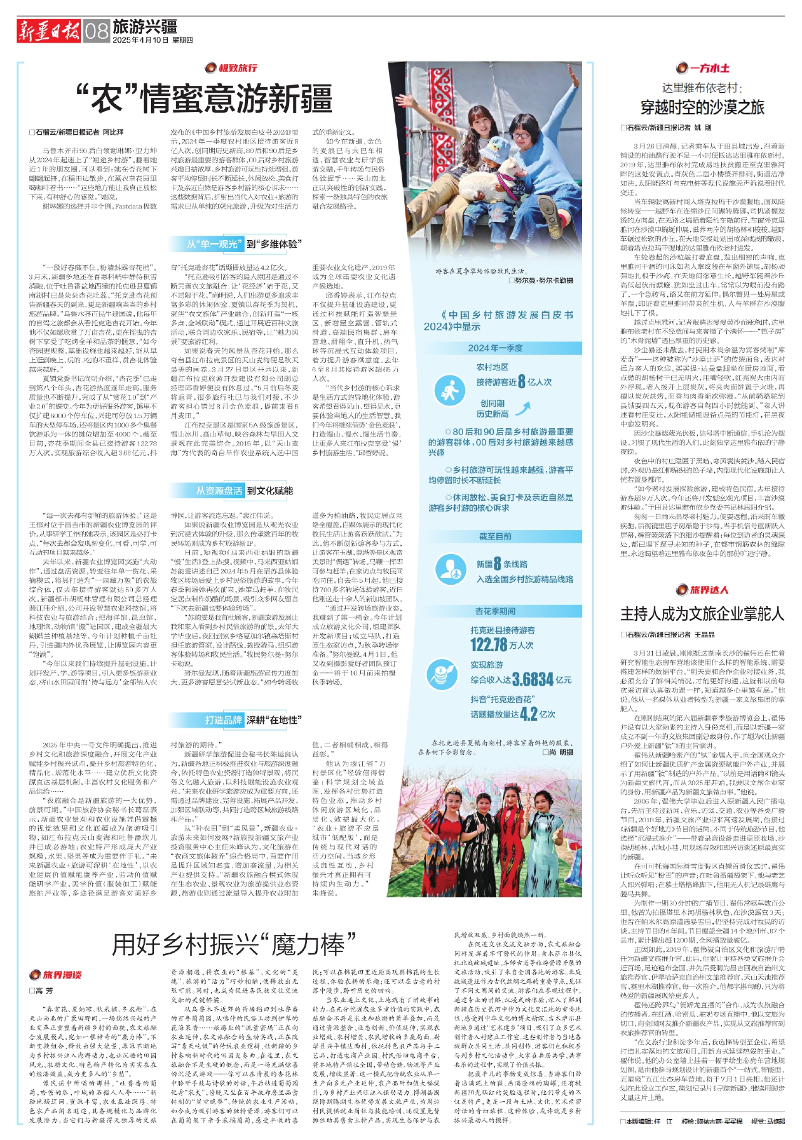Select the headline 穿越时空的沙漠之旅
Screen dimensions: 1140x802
point(702,107)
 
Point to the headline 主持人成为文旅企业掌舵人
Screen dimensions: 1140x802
point(702,614)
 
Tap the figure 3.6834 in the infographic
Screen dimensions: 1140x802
point(533,679)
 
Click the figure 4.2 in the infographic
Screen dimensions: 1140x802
point(528,714)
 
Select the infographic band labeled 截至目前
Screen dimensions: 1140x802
point(495,536)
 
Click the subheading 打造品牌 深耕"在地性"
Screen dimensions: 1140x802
point(251,720)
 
